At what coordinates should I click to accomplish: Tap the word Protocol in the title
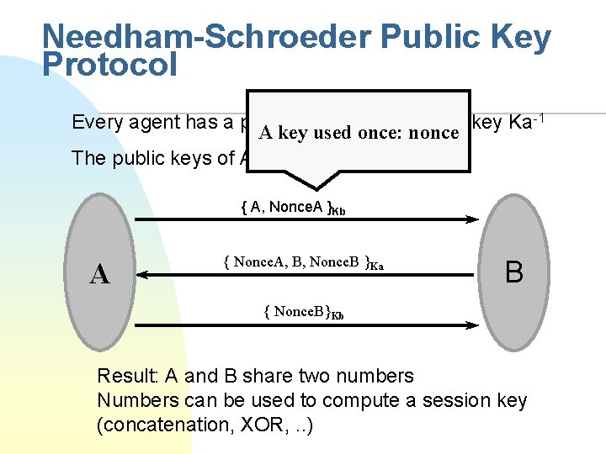(x=109, y=65)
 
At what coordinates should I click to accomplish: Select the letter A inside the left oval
(x=100, y=273)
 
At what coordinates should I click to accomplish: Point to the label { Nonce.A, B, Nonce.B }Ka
(x=303, y=262)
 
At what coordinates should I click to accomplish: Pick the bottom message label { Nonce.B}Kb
(x=303, y=313)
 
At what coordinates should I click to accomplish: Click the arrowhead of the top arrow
(x=474, y=220)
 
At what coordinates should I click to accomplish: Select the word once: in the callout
(x=380, y=132)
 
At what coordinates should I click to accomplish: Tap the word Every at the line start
(x=95, y=123)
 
